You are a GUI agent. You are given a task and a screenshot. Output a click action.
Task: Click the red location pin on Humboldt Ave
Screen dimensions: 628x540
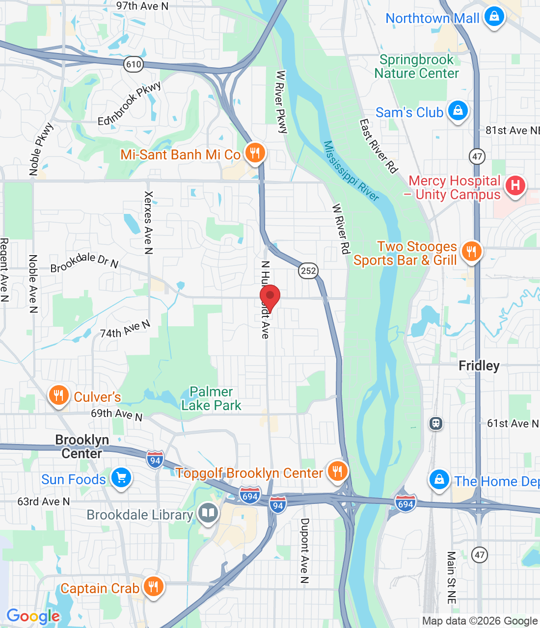pyautogui.click(x=270, y=296)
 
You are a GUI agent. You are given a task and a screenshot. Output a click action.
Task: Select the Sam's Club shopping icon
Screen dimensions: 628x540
pyautogui.click(x=458, y=111)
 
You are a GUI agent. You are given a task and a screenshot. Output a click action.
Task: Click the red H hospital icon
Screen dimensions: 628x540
pyautogui.click(x=515, y=185)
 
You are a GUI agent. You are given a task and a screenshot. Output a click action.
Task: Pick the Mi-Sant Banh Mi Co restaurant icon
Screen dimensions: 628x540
pyautogui.click(x=254, y=153)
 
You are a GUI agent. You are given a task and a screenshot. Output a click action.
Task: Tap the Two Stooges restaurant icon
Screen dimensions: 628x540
pyautogui.click(x=471, y=252)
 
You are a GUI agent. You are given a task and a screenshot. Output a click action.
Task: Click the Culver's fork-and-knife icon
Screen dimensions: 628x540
pyautogui.click(x=58, y=395)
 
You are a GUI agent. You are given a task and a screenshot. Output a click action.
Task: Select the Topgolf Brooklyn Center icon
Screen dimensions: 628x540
pyautogui.click(x=337, y=471)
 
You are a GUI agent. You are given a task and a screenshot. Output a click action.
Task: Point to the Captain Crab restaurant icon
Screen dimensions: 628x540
pyautogui.click(x=153, y=586)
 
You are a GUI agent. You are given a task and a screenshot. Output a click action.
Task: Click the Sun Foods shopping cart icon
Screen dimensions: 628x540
pyautogui.click(x=121, y=477)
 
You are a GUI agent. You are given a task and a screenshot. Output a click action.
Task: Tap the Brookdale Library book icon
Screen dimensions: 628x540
pyautogui.click(x=208, y=514)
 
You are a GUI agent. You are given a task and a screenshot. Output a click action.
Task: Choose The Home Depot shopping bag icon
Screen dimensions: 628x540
pyautogui.click(x=439, y=480)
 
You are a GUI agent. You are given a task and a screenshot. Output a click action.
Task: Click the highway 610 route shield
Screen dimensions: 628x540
pyautogui.click(x=133, y=64)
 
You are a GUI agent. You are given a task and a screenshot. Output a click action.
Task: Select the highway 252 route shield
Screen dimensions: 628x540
pyautogui.click(x=308, y=270)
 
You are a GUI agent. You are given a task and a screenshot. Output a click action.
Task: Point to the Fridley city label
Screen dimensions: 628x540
pyautogui.click(x=479, y=366)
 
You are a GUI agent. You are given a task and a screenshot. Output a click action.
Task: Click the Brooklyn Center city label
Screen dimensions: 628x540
pyautogui.click(x=81, y=446)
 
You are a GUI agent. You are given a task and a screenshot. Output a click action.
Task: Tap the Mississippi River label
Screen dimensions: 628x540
pyautogui.click(x=351, y=171)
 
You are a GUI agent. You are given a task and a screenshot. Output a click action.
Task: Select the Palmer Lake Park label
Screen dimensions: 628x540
pyautogui.click(x=211, y=398)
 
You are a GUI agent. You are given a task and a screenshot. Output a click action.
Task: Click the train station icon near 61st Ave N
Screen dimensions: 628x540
pyautogui.click(x=435, y=423)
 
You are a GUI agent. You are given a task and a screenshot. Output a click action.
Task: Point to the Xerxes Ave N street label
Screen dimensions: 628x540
pyautogui.click(x=148, y=223)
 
